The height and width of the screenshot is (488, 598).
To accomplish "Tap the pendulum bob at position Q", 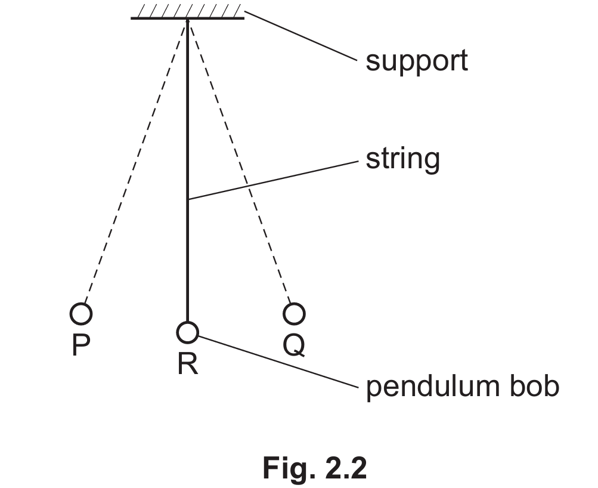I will [294, 313].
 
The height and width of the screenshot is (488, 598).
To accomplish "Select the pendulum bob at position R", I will [187, 332].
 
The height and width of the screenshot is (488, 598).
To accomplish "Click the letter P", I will [80, 345].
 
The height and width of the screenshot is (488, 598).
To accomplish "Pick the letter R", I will [187, 365].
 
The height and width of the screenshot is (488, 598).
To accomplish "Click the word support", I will [416, 61].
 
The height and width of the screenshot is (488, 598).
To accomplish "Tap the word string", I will [402, 159].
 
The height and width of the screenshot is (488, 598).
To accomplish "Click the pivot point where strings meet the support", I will [188, 20].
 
